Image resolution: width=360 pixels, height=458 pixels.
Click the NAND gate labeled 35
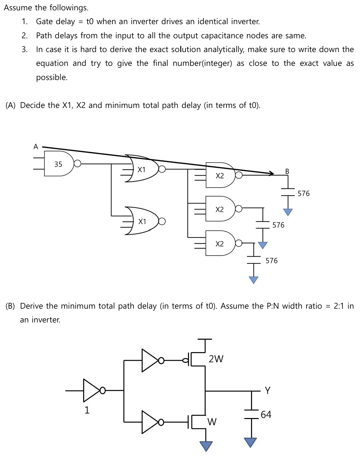[59, 164]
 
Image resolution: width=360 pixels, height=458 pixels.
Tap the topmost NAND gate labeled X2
[220, 175]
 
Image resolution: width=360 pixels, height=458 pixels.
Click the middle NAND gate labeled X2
[220, 209]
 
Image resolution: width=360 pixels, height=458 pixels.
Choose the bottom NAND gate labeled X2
[220, 243]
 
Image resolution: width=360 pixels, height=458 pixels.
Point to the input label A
[36, 147]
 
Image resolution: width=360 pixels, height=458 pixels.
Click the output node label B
[287, 171]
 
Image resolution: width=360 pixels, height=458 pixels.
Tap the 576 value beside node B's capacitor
[303, 193]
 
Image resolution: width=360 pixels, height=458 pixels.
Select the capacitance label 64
[266, 414]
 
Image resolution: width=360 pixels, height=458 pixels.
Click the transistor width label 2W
[216, 359]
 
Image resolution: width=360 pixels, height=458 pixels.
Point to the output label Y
[268, 390]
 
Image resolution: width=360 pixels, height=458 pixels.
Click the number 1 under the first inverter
[87, 410]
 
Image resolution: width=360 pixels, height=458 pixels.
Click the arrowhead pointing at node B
[272, 173]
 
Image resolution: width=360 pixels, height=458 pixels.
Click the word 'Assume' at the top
[18, 8]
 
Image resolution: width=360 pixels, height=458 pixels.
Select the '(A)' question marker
[11, 105]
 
